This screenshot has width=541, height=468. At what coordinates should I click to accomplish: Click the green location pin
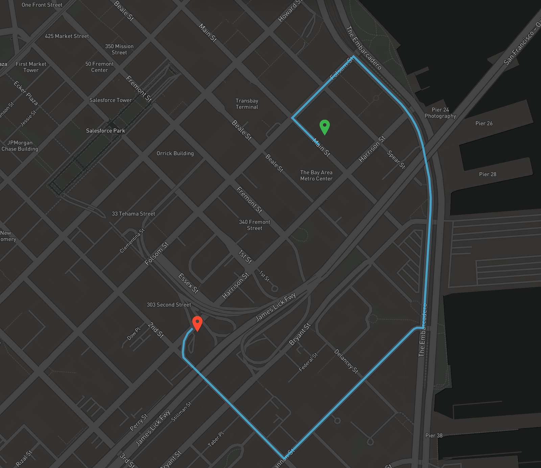tap(325, 127)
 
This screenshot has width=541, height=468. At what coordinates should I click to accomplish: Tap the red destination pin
tap(197, 323)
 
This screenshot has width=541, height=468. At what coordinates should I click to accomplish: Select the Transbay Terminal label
tap(247, 104)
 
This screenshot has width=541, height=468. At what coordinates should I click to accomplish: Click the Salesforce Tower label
tap(111, 100)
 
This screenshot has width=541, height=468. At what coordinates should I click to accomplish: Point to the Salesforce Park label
tap(105, 131)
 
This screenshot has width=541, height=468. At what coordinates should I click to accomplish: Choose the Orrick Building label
tap(175, 153)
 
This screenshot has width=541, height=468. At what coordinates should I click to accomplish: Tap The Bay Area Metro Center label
tap(316, 175)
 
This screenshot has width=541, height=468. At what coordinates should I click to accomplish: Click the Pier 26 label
tap(484, 123)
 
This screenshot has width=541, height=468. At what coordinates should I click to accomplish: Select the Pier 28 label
tap(488, 174)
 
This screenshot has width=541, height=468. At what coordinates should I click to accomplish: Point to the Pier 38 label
tap(434, 436)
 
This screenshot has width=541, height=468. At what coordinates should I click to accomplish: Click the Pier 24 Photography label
tap(440, 113)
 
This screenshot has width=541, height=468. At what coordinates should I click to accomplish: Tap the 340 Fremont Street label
tap(255, 225)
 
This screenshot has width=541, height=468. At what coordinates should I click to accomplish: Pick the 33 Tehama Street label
tap(134, 214)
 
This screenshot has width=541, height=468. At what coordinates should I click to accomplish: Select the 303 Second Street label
tap(169, 305)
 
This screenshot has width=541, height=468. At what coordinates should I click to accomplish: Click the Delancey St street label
tap(346, 361)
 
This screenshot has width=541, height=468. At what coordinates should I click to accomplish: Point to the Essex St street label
tap(188, 283)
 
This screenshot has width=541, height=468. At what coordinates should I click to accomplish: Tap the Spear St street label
tap(396, 159)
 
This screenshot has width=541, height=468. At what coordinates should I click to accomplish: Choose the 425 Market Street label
tap(67, 36)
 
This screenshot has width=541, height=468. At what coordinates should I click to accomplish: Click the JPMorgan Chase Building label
tap(20, 146)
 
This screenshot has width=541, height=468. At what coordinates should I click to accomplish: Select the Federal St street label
tap(308, 362)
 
